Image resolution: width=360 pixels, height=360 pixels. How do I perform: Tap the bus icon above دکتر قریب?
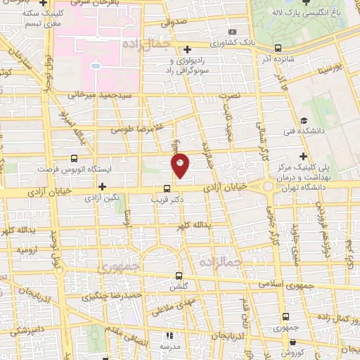pyautogui.click(x=167, y=188)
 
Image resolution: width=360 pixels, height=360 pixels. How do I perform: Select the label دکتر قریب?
pyautogui.click(x=167, y=200)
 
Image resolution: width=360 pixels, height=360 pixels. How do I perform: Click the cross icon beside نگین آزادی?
pyautogui.click(x=103, y=186)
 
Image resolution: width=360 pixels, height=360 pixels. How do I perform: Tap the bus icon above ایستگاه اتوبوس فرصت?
pyautogui.click(x=75, y=159)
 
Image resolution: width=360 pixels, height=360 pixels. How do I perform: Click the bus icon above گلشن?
pyautogui.click(x=179, y=276)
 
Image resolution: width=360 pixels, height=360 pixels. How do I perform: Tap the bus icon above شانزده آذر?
pyautogui.click(x=278, y=49)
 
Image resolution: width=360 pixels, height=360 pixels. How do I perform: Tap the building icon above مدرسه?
pyautogui.click(x=169, y=335)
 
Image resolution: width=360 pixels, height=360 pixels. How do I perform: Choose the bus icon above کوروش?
pyautogui.click(x=288, y=341)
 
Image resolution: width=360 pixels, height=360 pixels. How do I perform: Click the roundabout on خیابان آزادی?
pyautogui.click(x=269, y=187)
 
